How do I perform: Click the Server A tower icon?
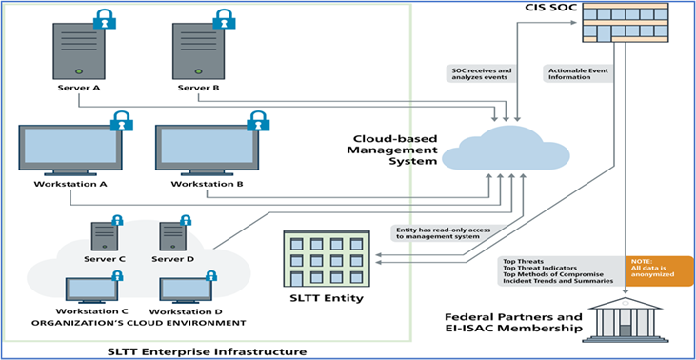click(79, 51)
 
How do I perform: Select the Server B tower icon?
click(198, 51)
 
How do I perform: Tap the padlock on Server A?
click(104, 18)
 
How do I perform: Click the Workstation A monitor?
click(70, 150)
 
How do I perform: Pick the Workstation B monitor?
click(207, 150)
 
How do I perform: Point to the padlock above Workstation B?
click(257, 120)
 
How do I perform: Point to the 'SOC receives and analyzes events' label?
click(481, 73)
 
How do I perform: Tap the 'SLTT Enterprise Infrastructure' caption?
click(207, 350)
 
